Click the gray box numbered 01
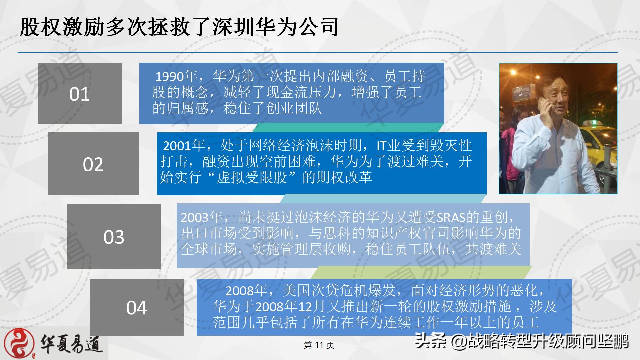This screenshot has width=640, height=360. pos(79,93)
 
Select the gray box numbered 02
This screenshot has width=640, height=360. pos(93,164)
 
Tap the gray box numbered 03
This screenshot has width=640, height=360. pos(114,236)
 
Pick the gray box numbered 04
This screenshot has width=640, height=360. pos(136,307)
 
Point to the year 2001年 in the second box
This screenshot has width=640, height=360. pos(184,146)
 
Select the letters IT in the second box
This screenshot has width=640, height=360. pos(381,146)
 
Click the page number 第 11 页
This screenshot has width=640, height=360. pos(319,345)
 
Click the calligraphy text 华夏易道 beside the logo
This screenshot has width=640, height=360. pos(71,343)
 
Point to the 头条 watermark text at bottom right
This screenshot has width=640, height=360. pos(430,341)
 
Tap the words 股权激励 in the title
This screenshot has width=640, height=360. pos(62,27)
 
